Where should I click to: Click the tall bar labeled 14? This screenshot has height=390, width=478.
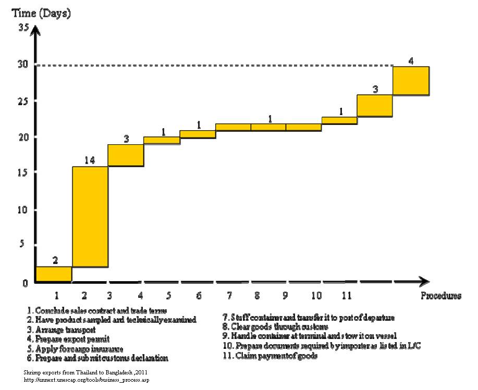(90, 217)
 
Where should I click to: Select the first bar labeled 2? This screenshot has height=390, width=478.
(54, 274)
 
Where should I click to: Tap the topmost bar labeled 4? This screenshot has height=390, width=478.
(411, 81)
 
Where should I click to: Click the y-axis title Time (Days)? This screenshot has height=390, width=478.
(42, 14)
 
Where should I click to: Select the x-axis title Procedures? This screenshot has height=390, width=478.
(441, 296)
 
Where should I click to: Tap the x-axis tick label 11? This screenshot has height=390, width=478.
(346, 296)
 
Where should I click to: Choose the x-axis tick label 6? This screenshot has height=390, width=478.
(199, 296)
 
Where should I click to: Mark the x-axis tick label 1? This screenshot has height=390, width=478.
(56, 296)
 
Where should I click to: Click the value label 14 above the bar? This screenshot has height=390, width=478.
(90, 160)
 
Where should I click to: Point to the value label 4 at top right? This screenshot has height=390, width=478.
(411, 61)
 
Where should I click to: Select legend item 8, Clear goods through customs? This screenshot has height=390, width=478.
(275, 326)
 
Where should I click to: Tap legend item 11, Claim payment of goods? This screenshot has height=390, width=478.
(269, 356)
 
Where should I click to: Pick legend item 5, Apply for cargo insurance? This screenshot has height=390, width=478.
(76, 348)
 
